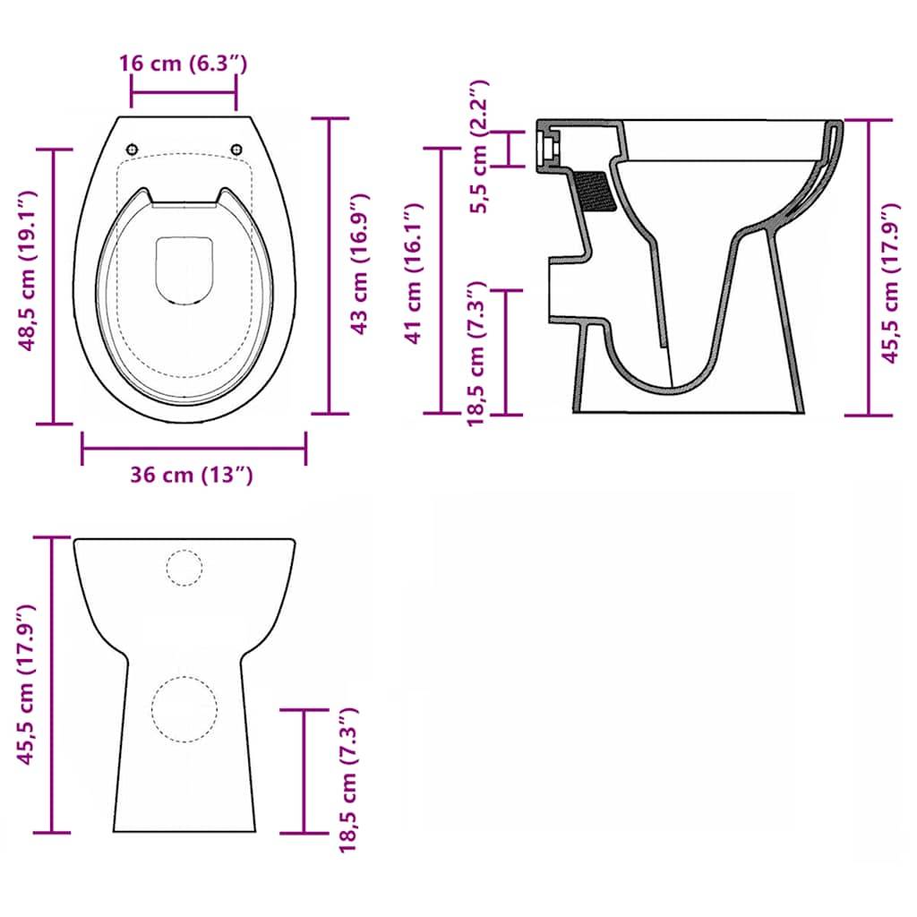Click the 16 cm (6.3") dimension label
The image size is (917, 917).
coord(183,64)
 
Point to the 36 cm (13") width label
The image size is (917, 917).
coord(192,475)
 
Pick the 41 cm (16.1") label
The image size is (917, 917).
coord(412,273)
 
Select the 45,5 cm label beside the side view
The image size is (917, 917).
coord(889,284)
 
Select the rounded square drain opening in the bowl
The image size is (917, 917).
coord(184,270)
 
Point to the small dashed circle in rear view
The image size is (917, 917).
coord(184,568)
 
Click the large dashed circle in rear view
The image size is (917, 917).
coord(184,707)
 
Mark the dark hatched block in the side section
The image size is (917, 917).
coord(596,191)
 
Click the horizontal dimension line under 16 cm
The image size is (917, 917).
coord(184,91)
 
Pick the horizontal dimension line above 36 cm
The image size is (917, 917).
coord(193,448)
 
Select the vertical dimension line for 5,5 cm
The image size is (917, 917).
coord(511,148)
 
